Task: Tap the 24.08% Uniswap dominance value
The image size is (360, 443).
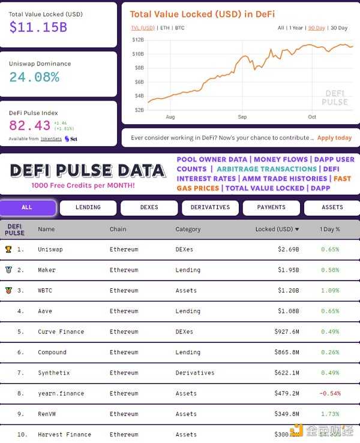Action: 34,77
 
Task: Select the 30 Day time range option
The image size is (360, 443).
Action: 339,28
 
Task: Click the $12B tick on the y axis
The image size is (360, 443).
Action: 138,40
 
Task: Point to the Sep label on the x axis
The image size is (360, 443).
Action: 242,117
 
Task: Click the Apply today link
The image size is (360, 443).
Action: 334,138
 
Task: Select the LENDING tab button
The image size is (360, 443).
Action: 88,207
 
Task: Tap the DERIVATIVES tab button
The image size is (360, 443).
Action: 210,207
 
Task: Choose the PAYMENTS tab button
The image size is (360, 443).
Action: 271,207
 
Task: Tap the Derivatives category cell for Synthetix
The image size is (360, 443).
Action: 194,373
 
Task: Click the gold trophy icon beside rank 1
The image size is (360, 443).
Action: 8,249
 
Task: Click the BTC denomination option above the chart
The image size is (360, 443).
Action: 179,28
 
